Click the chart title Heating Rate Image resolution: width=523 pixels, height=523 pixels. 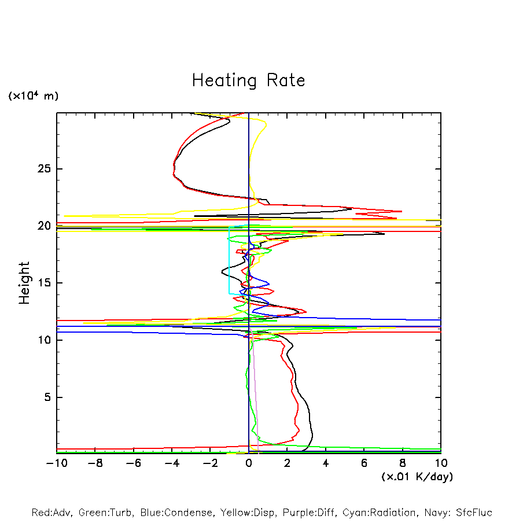pyautogui.click(x=248, y=80)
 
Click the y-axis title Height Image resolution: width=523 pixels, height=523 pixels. pyautogui.click(x=24, y=283)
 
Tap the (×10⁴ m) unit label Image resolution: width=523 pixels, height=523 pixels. pyautogui.click(x=33, y=96)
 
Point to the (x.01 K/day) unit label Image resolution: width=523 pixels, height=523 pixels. pyautogui.click(x=417, y=477)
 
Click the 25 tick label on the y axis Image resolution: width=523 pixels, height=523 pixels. pyautogui.click(x=44, y=169)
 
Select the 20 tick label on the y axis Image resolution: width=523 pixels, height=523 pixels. pyautogui.click(x=44, y=226)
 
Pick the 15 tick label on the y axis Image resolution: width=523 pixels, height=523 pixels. pyautogui.click(x=44, y=283)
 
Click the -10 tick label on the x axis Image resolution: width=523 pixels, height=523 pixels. pyautogui.click(x=56, y=463)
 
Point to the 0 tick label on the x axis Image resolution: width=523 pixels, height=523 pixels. pyautogui.click(x=249, y=463)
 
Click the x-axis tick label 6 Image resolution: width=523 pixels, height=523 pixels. pyautogui.click(x=364, y=463)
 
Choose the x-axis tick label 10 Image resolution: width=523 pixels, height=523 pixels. pyautogui.click(x=441, y=463)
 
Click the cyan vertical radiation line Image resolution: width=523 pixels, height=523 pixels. pyautogui.click(x=229, y=260)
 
